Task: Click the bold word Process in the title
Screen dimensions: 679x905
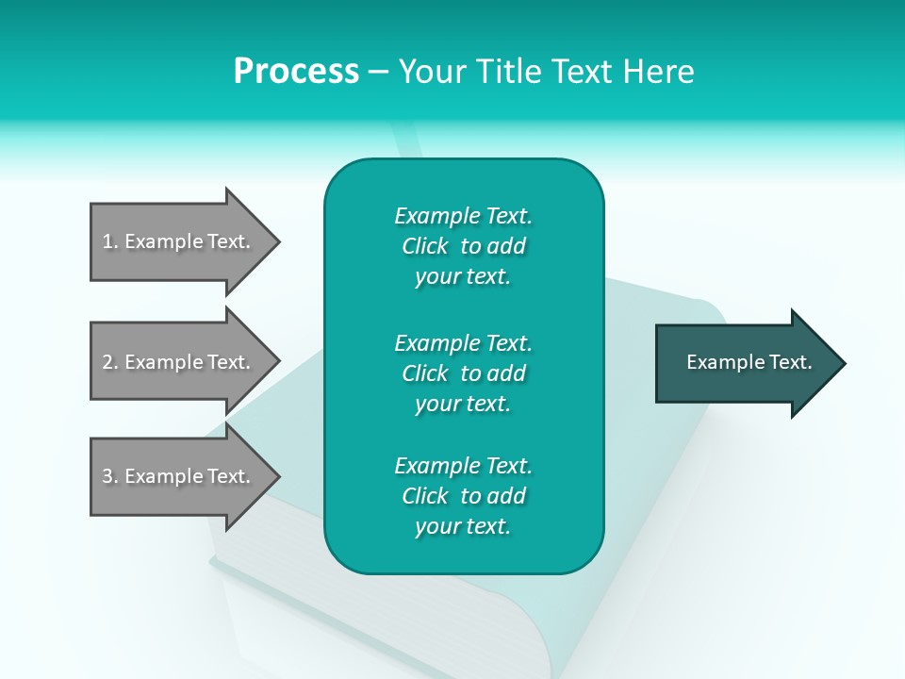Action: point(296,72)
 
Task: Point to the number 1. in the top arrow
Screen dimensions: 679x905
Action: point(110,241)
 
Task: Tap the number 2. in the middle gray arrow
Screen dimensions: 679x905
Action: point(110,362)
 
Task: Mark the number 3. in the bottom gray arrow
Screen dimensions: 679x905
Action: point(110,476)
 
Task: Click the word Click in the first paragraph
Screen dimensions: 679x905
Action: point(425,246)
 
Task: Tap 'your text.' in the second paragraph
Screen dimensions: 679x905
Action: point(463,404)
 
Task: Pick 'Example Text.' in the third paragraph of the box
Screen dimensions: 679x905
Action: point(463,466)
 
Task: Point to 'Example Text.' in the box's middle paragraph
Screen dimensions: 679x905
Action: point(463,342)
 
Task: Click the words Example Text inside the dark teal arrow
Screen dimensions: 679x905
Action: point(749,362)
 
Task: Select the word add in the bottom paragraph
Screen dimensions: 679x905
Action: point(508,496)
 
